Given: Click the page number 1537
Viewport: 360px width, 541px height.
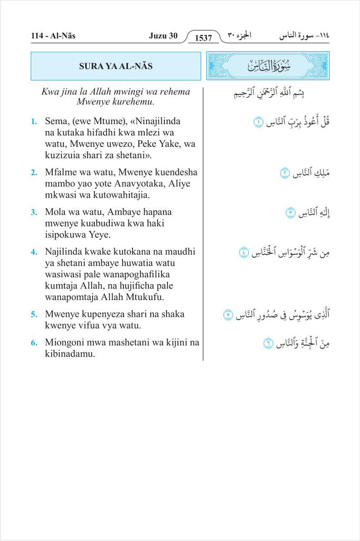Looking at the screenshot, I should [x=203, y=38].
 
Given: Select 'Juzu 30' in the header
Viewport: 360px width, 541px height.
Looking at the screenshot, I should [x=164, y=36].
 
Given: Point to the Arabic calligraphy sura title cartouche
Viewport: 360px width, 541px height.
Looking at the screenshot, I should [x=268, y=66].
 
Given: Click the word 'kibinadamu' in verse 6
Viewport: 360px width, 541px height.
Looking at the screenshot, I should [x=70, y=354].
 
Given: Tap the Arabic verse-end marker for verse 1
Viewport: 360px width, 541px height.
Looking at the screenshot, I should [x=258, y=123].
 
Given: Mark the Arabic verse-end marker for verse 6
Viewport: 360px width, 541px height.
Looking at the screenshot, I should [x=268, y=344].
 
